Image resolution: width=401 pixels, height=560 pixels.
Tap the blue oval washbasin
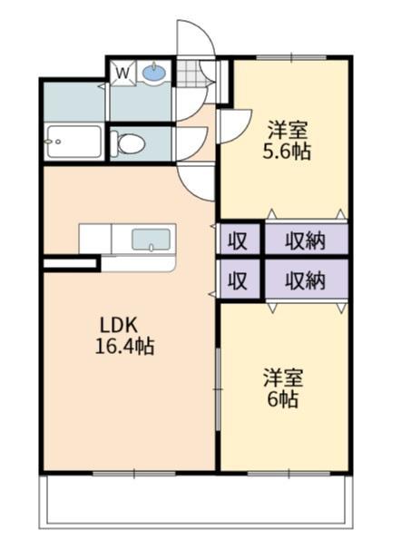154,72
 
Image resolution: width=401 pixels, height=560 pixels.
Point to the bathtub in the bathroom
73,142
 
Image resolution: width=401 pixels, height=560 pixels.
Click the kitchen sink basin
150,240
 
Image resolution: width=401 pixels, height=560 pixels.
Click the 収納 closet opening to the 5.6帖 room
305,240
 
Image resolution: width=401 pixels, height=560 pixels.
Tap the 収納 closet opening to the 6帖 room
305,280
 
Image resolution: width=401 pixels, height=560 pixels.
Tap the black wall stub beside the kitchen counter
70,264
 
